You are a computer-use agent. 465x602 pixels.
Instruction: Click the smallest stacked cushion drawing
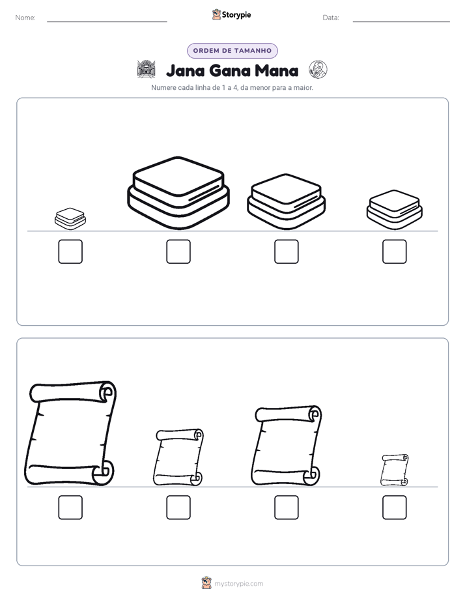[x=70, y=219]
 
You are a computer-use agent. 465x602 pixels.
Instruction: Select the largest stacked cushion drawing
[x=178, y=193]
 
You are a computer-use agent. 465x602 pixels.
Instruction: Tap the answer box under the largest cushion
[x=178, y=251]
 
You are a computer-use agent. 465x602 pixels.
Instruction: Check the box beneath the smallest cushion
[x=70, y=251]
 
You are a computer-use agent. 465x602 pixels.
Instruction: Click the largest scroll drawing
[x=70, y=433]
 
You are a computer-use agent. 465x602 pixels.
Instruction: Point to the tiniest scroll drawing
[x=395, y=470]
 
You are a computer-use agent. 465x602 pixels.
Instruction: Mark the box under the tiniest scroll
[x=395, y=507]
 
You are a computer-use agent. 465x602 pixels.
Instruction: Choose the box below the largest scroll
[x=70, y=507]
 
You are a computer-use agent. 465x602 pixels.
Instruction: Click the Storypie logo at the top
[x=232, y=14]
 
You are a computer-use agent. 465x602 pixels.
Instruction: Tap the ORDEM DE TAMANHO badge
[x=232, y=51]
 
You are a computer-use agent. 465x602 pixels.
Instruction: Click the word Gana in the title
[x=229, y=70]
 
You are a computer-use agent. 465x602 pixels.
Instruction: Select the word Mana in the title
[x=276, y=70]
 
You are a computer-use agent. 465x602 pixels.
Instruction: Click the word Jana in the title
[x=186, y=70]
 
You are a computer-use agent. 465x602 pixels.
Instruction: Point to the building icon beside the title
[x=147, y=69]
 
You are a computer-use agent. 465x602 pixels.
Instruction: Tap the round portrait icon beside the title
[x=318, y=70]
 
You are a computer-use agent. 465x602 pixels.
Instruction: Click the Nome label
[x=25, y=18]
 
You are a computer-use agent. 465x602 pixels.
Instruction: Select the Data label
[x=331, y=18]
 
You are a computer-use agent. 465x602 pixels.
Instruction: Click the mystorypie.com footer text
[x=238, y=584]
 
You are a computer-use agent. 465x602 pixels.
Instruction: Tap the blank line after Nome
[x=107, y=21]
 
